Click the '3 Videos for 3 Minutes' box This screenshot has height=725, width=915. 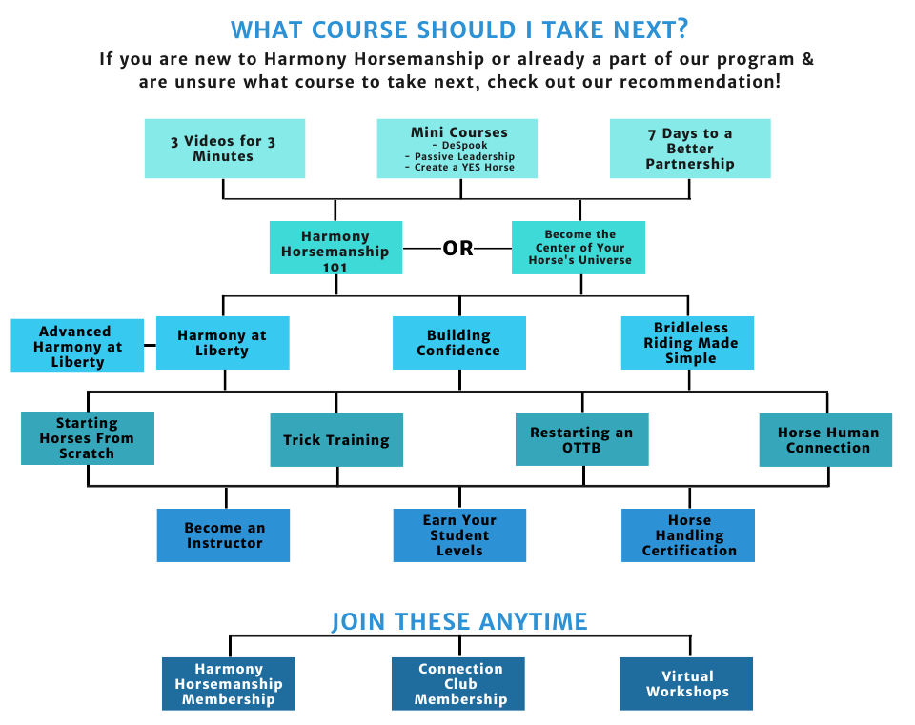tap(225, 149)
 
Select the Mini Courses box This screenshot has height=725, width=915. tap(457, 149)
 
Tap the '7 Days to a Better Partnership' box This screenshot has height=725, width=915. tap(690, 149)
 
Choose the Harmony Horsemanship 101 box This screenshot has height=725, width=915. tap(335, 248)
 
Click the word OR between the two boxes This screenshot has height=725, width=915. tap(457, 249)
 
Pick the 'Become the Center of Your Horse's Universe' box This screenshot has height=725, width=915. tap(579, 248)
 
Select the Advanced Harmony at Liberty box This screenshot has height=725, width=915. tap(77, 345)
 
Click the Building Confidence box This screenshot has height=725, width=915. tap(459, 343)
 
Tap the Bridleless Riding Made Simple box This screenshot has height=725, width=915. tap(687, 343)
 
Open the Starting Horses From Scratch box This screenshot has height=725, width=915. tap(88, 438)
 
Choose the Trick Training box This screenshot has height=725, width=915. tap(336, 440)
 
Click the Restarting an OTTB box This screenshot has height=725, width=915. tap(581, 439)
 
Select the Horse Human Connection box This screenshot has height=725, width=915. tap(825, 440)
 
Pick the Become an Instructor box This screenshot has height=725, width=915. tap(223, 535)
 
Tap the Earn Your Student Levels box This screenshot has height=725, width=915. tap(459, 535)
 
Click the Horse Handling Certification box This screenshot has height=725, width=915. tap(688, 535)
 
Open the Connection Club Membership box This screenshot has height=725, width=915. tap(458, 684)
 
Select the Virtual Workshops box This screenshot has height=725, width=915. tap(686, 684)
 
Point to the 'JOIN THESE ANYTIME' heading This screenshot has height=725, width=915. tap(459, 622)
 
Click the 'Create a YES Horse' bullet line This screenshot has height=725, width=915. tap(459, 168)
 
